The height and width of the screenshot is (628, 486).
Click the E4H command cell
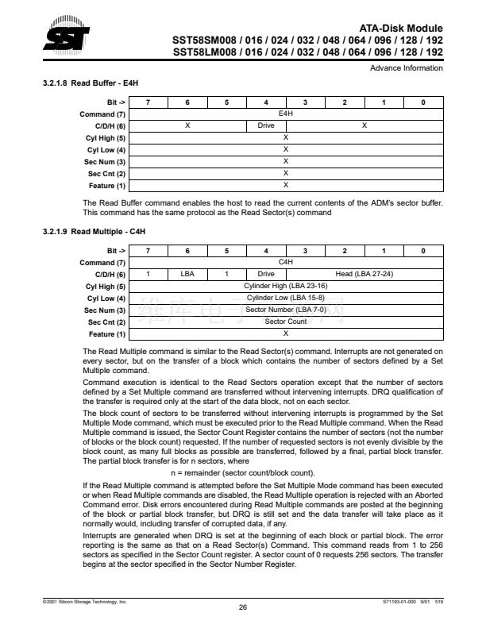tap(285, 114)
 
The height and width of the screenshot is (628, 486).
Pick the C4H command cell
tap(285, 262)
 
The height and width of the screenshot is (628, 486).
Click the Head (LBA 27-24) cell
tap(364, 274)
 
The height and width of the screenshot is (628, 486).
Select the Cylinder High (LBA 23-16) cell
tap(285, 286)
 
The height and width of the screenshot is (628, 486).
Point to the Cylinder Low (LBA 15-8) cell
tap(285, 298)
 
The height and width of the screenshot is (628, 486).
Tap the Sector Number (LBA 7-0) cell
tap(285, 310)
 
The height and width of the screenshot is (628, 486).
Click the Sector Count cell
tap(285, 322)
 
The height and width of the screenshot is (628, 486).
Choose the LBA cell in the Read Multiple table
tap(187, 274)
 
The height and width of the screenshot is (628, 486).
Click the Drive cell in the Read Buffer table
tap(266, 126)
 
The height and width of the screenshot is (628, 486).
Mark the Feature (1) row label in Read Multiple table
tap(107, 333)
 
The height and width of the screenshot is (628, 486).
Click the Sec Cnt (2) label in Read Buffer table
tap(107, 174)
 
